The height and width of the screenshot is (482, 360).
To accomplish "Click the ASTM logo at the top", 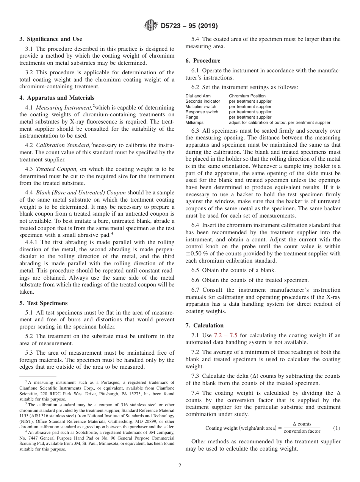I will coord(151,26).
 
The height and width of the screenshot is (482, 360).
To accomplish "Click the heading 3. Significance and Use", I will coord(51,39).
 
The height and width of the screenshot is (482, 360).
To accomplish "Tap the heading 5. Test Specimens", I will coord(44,303).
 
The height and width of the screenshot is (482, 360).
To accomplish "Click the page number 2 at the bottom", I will coord(180,466).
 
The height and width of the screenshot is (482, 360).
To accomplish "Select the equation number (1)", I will coord(337,428).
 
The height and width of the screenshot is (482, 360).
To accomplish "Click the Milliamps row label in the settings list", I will coord(194,122).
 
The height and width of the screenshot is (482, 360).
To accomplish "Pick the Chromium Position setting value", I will coord(247,96).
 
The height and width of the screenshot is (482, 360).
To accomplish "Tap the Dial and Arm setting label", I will coord(198,96).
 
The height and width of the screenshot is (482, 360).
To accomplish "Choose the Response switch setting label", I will coord(202,112).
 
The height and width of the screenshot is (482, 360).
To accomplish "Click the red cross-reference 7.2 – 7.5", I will coord(225,335).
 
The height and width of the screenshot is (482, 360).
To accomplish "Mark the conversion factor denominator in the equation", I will coord(302,431).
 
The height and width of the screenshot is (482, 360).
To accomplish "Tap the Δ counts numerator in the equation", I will coord(302,424).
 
